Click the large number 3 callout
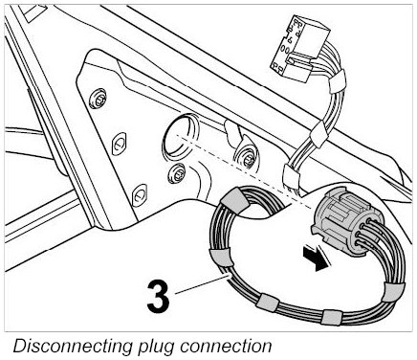coord(158,297)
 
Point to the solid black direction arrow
coord(317,259)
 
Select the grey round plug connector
coord(346,220)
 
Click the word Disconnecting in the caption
coord(73,346)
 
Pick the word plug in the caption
coord(156,347)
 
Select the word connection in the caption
coord(226,346)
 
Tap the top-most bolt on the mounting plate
coord(97,99)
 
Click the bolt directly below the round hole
coord(177,173)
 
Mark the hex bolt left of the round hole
coord(119,144)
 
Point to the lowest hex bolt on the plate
coord(140,195)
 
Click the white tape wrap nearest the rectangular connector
coord(338,82)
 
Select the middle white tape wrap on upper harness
coord(319,134)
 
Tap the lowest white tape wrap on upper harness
coord(291,176)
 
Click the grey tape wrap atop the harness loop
coord(235,198)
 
